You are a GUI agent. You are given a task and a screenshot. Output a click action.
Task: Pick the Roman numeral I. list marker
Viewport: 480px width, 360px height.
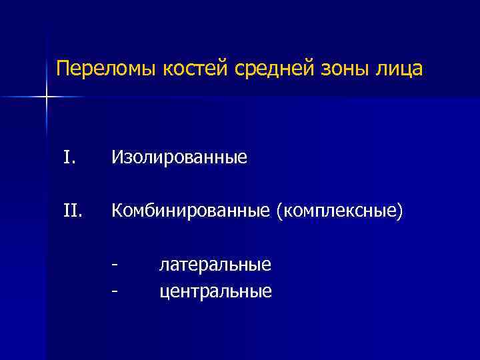(69, 157)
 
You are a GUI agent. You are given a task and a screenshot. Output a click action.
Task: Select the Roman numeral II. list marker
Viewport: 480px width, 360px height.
(72, 211)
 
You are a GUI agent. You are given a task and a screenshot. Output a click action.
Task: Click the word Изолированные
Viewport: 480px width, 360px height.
(179, 158)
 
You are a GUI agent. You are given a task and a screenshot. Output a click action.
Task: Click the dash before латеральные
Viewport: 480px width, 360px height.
(116, 265)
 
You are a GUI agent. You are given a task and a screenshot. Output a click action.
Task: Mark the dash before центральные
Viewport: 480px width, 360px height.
(116, 291)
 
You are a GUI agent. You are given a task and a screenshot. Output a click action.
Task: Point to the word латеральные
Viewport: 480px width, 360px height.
(215, 265)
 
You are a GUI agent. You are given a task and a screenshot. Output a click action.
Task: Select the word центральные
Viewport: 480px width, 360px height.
(215, 291)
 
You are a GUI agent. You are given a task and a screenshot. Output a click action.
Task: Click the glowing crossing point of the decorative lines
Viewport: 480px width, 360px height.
(47, 97)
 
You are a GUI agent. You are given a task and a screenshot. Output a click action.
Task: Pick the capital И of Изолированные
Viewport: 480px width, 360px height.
(117, 157)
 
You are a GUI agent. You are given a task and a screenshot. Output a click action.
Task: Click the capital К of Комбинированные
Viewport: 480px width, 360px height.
(117, 211)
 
